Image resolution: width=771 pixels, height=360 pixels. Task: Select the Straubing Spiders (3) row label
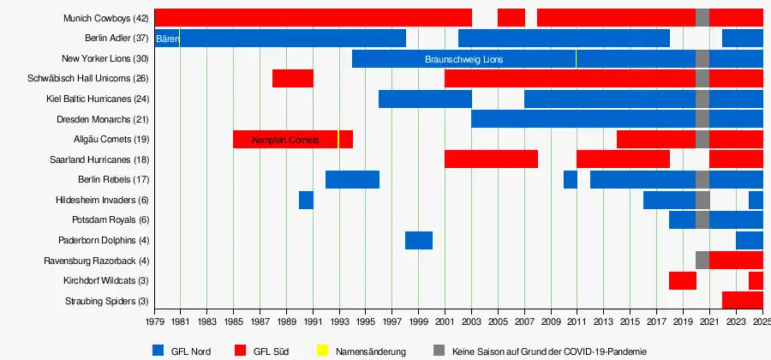pos(106,301)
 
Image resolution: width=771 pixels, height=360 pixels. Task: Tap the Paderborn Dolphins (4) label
pos(103,240)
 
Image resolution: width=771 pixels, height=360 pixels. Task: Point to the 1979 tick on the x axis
pos(154,322)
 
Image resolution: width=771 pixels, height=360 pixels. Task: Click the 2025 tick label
pos(761,322)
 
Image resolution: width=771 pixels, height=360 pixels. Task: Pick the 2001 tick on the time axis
pos(445,322)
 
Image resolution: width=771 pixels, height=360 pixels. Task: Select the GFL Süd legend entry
pos(261,351)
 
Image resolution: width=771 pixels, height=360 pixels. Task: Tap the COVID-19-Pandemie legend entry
pos(540,351)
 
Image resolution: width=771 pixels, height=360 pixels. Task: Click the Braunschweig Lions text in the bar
pos(463,59)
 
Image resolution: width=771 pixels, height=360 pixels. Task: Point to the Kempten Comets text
pos(285,140)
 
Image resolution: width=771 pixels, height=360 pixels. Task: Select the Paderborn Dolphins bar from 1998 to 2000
pos(418,240)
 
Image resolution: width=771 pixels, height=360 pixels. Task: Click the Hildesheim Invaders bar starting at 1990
pos(306,200)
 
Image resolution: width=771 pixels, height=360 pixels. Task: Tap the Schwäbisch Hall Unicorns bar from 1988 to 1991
pos(292,79)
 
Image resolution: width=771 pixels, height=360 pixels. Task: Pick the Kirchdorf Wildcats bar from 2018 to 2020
pos(682,280)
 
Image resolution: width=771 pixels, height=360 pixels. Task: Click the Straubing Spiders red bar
pos(742,300)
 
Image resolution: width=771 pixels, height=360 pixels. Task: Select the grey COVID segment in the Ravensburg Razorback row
pos(702,260)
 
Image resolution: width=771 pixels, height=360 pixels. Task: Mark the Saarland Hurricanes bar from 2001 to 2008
pos(491,159)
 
